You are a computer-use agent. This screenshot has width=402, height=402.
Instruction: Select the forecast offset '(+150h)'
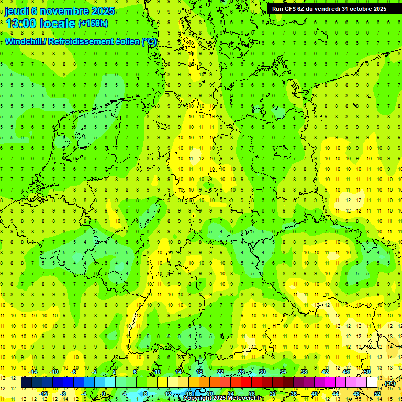pos(93,24)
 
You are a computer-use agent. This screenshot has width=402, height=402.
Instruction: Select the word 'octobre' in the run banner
pos(360,8)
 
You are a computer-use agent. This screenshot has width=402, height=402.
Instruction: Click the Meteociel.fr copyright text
pos(223,398)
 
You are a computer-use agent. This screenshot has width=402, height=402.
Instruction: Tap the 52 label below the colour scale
pos(377,393)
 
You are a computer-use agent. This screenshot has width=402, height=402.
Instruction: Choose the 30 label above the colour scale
pos(262,372)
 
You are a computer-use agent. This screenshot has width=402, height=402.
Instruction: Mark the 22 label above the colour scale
pos(220,372)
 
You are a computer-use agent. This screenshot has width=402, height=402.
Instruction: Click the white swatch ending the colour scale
pos(372,383)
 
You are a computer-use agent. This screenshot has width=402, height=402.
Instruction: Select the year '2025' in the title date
pos(102,11)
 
